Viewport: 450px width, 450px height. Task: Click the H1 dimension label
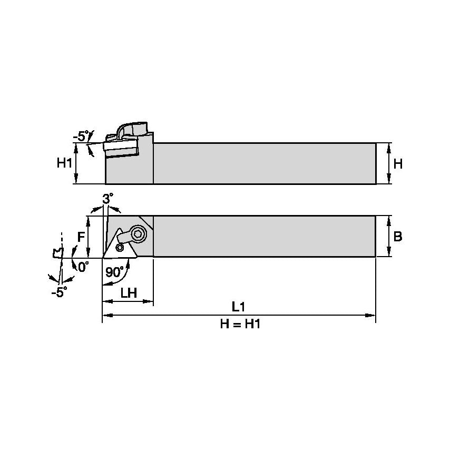tap(64, 163)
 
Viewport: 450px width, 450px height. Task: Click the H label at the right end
tap(398, 164)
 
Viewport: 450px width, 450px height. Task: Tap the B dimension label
tap(398, 237)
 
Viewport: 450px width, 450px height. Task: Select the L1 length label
tap(240, 306)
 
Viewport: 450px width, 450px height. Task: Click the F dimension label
tap(81, 237)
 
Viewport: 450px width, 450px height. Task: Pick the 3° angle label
tap(107, 199)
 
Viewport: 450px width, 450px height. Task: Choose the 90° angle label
tap(114, 272)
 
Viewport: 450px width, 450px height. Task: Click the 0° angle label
tap(83, 267)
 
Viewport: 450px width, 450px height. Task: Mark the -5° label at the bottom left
tap(59, 292)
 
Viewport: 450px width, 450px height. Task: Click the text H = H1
tap(240, 325)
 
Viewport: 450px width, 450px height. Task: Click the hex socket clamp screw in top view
tap(139, 233)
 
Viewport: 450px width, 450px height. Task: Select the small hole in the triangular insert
tap(120, 247)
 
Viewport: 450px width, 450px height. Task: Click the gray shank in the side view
tap(263, 163)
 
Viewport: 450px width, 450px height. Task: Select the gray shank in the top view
tap(263, 237)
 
